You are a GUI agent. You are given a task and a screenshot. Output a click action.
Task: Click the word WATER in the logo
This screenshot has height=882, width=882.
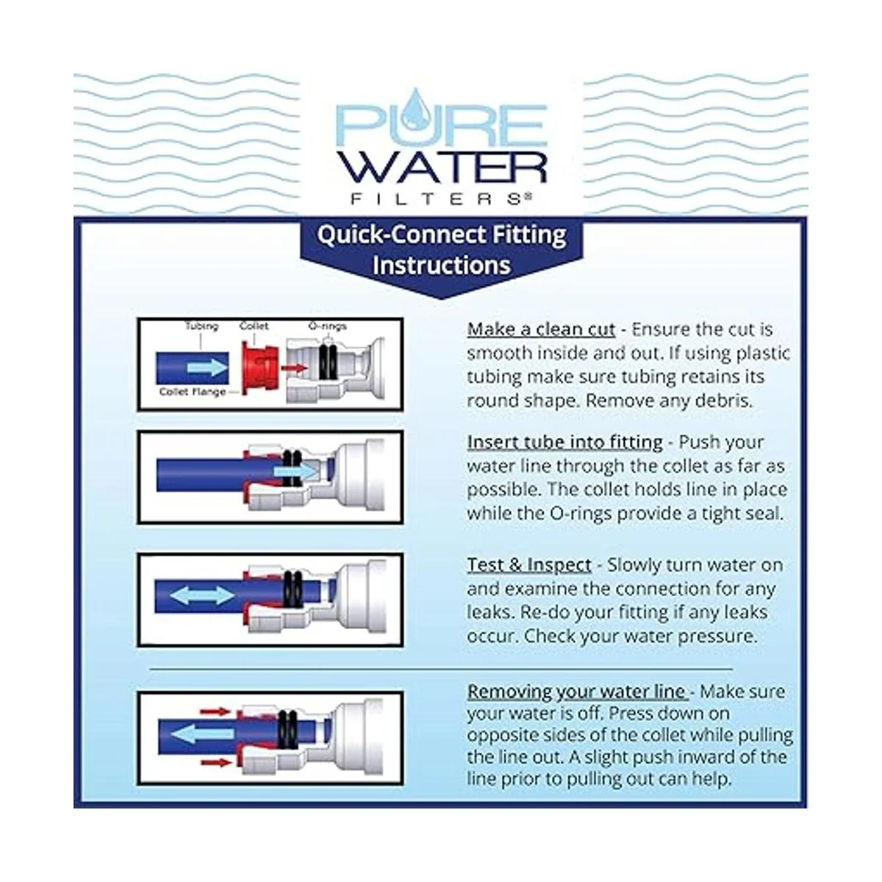click(440, 168)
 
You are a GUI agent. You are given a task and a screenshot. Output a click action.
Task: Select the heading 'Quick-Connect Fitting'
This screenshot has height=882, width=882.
click(441, 235)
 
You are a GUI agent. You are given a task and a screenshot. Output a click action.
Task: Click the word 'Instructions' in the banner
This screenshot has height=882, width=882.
click(441, 265)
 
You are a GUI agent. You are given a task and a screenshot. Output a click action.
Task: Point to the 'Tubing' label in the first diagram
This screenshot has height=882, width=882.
click(202, 327)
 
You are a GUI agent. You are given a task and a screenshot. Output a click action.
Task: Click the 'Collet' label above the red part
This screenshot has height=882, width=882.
click(254, 326)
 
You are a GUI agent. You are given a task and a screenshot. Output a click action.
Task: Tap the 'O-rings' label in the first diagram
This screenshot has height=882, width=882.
click(327, 326)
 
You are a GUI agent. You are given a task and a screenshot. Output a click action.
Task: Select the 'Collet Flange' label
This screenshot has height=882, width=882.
click(193, 392)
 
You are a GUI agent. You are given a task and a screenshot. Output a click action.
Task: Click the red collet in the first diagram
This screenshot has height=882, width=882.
click(259, 368)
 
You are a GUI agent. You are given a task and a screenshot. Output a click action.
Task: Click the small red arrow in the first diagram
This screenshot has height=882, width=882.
click(294, 368)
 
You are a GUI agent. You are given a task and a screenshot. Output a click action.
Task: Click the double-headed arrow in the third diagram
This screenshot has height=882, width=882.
click(203, 595)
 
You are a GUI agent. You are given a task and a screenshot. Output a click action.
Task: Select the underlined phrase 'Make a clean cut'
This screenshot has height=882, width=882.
click(541, 329)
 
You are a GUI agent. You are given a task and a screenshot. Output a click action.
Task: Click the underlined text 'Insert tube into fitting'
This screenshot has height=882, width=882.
click(564, 442)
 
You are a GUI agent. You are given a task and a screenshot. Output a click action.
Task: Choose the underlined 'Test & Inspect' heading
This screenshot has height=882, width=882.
click(529, 565)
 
